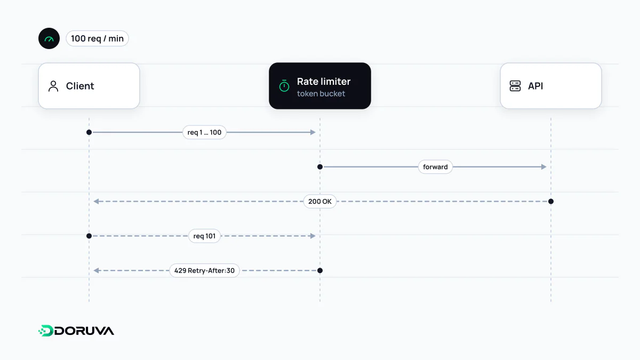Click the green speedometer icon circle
[49, 38]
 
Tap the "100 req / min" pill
[97, 38]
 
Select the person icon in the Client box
[53, 86]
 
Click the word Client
[79, 86]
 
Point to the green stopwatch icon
[284, 86]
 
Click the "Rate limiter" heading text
[323, 82]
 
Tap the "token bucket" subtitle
[321, 93]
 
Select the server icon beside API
[515, 86]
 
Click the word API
[535, 86]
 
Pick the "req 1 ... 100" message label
[204, 132]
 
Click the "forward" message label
[435, 167]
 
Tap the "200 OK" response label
[319, 202]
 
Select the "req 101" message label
[204, 236]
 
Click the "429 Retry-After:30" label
[204, 270]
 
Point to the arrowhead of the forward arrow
[543, 167]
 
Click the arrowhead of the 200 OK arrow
[97, 202]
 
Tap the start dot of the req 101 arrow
[89, 236]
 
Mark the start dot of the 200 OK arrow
[551, 202]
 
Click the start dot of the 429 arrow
[320, 270]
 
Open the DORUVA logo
[76, 331]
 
